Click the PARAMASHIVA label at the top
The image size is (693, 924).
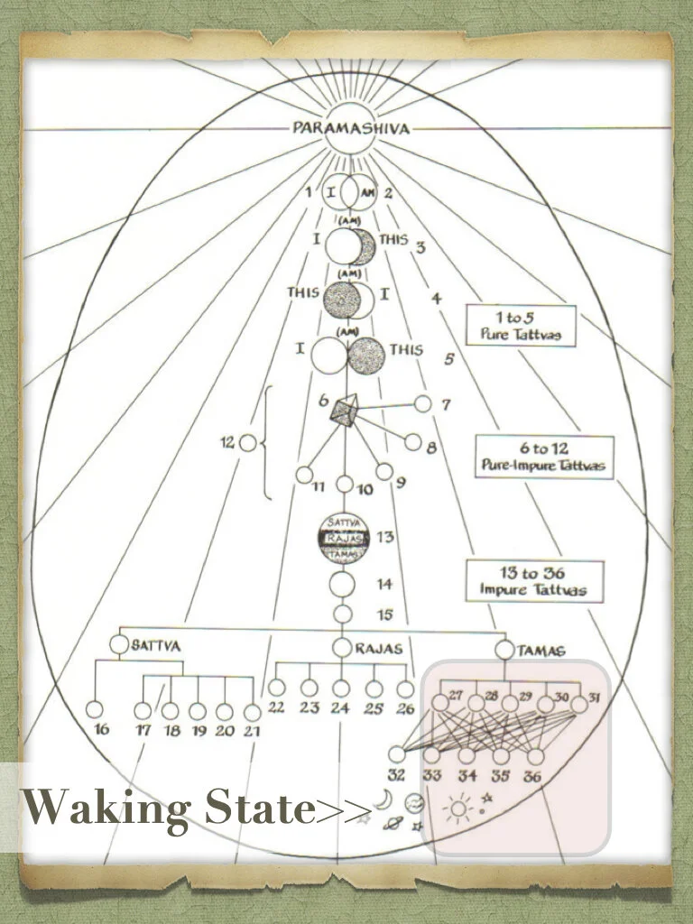(x=350, y=128)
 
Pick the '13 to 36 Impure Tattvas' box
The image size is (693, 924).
(x=534, y=581)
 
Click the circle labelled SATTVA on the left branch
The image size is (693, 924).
(x=120, y=645)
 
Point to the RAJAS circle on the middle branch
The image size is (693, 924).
(x=341, y=647)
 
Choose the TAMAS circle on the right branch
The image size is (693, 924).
(x=505, y=650)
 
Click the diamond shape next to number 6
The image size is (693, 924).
(x=344, y=413)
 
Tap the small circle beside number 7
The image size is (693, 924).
(x=421, y=403)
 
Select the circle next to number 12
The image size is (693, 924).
(x=248, y=443)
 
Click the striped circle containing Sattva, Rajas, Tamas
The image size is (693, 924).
(x=342, y=537)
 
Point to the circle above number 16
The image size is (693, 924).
(x=94, y=710)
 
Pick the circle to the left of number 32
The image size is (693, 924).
(x=397, y=754)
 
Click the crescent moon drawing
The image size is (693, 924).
(x=383, y=800)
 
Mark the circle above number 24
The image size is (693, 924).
(x=340, y=688)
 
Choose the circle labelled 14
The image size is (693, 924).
(x=342, y=584)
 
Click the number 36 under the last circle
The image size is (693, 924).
(x=532, y=775)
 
